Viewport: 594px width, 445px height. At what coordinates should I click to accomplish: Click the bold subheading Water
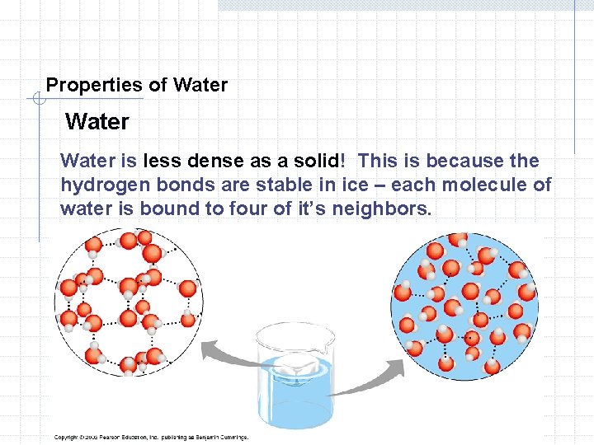click(97, 122)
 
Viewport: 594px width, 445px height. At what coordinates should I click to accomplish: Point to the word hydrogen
click(98, 185)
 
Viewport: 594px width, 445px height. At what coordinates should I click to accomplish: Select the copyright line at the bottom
click(151, 438)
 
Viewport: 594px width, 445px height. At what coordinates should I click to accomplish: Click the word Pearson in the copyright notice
click(111, 438)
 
